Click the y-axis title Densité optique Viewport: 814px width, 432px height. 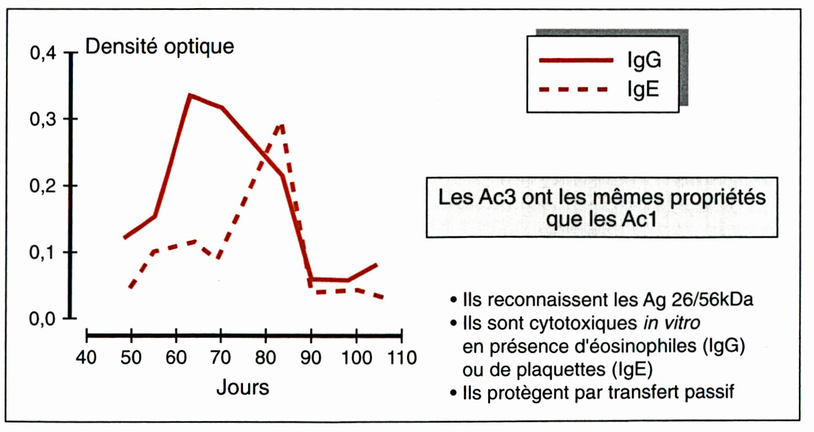click(159, 46)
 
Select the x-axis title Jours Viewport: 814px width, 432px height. click(243, 387)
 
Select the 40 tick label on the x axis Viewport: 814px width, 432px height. click(86, 357)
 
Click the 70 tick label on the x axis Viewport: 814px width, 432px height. click(221, 357)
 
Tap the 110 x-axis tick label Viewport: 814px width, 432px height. click(401, 357)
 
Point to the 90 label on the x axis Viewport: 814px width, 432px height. click(311, 357)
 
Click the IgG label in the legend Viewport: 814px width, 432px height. click(643, 60)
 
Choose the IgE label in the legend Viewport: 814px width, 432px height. click(642, 90)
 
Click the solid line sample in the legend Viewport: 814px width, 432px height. click(576, 60)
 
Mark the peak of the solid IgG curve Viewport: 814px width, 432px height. click(190, 95)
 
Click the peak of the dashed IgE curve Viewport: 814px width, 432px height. click(282, 124)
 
